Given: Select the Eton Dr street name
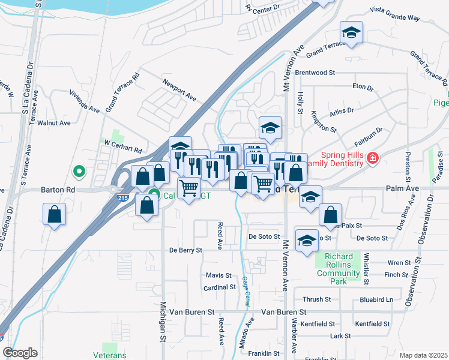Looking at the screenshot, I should [363, 86].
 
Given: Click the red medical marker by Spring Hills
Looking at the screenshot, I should [373, 158].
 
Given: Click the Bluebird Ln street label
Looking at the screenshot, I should [376, 299].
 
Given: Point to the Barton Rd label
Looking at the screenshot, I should [57, 188].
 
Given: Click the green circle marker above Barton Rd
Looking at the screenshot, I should [78, 172].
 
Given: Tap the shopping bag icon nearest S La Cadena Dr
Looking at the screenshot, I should [54, 214].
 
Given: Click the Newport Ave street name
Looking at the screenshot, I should [179, 88].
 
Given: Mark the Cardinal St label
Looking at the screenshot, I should [220, 287].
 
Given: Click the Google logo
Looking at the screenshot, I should [20, 353].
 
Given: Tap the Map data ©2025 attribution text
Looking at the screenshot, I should [423, 355].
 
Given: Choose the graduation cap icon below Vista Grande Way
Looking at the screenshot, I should [351, 32].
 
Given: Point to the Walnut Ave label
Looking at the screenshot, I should [54, 123].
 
